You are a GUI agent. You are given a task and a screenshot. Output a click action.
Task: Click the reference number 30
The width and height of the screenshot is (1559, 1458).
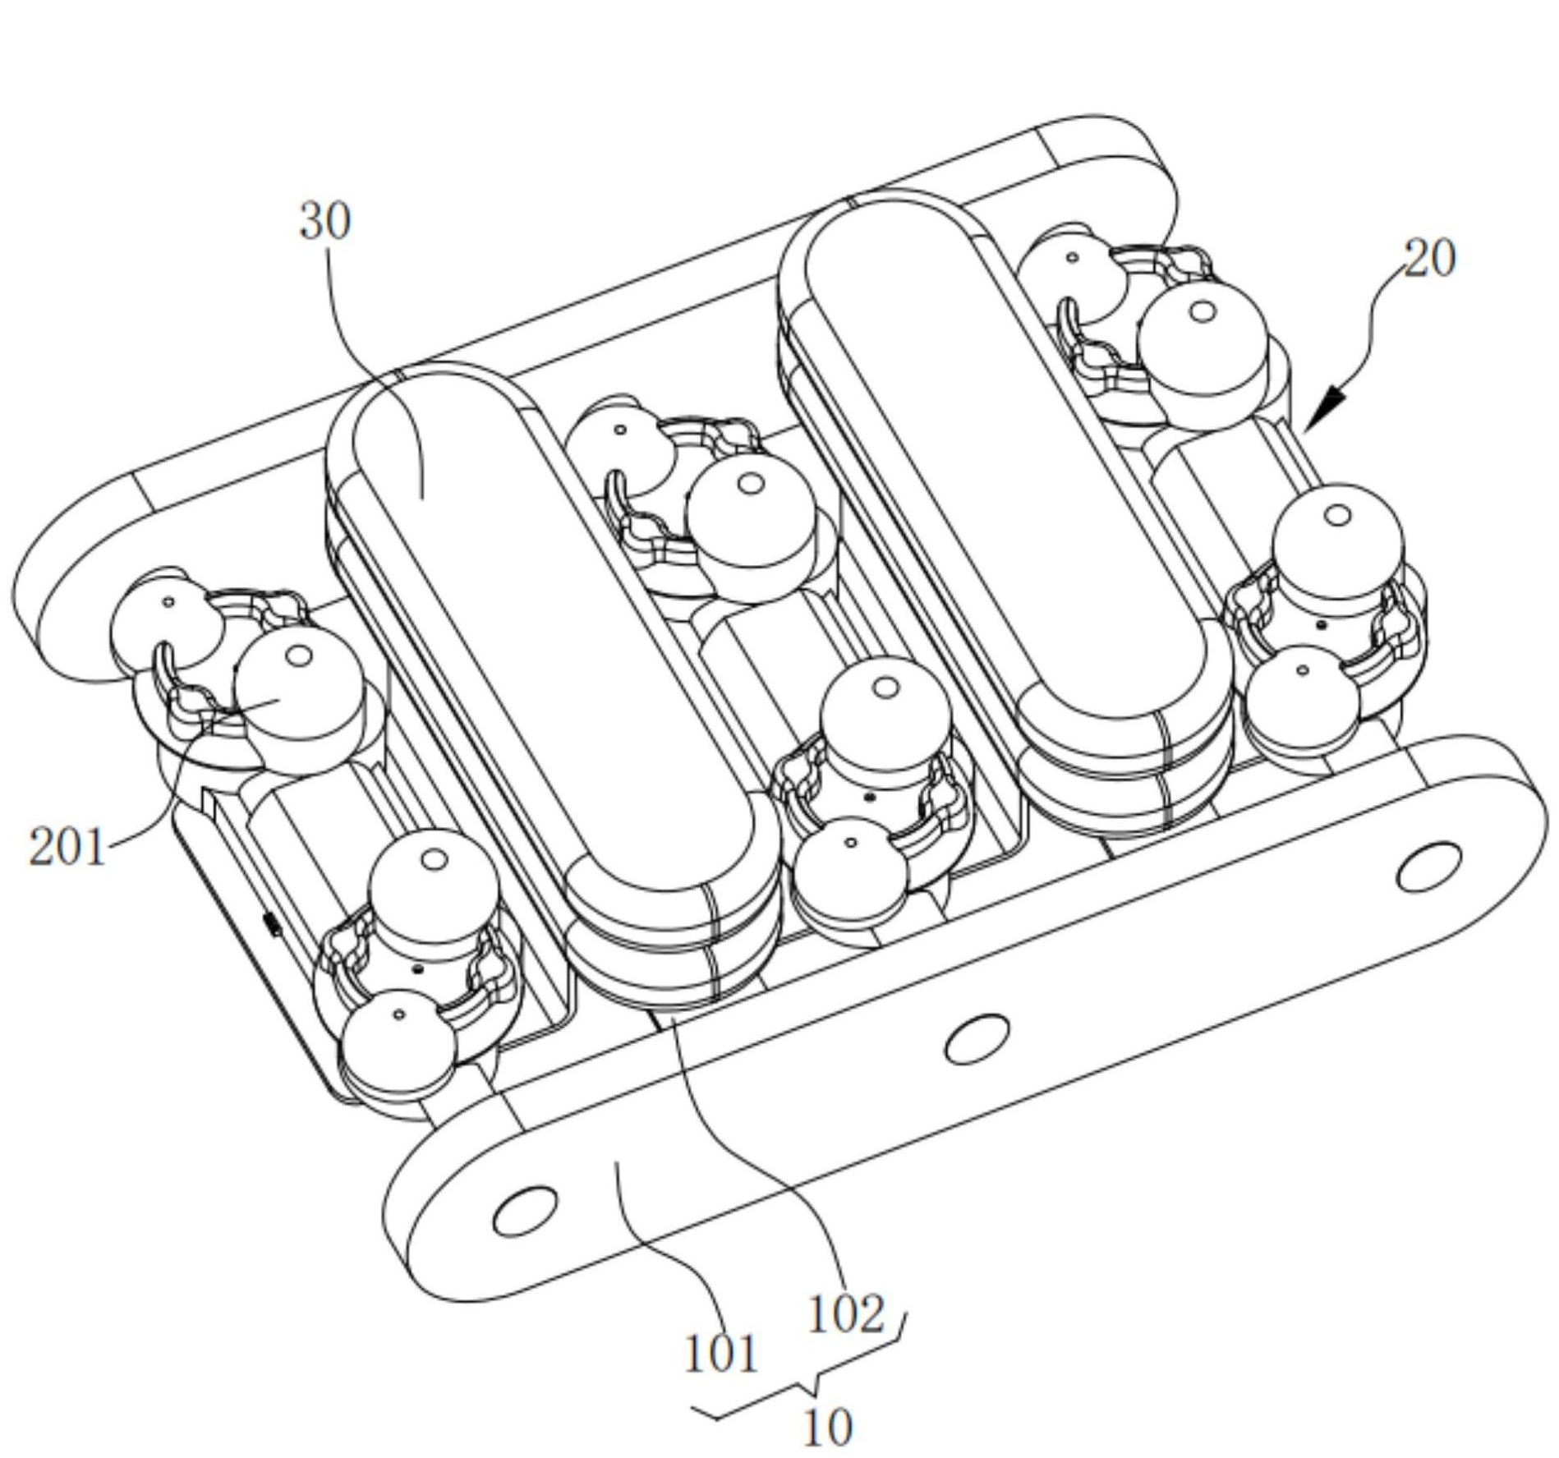click(x=325, y=222)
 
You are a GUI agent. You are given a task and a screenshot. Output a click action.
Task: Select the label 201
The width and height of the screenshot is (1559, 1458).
click(x=67, y=848)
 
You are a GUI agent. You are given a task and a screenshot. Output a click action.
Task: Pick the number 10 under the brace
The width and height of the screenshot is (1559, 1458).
click(x=826, y=1428)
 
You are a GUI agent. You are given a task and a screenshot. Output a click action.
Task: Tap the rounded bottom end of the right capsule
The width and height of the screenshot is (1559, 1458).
click(x=1125, y=764)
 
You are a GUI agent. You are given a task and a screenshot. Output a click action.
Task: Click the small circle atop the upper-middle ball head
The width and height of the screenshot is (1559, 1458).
click(x=749, y=484)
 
